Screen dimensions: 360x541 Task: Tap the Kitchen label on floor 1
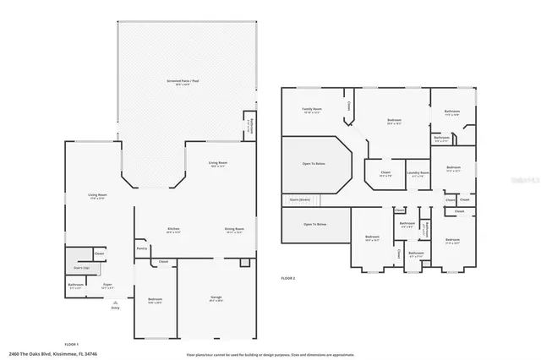173,229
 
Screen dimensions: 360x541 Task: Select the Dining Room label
234,229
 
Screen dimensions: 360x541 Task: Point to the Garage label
216,298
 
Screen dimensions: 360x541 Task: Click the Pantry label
142,248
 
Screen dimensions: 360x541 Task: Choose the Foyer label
108,286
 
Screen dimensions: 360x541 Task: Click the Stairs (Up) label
81,267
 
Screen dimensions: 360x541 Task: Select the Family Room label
313,110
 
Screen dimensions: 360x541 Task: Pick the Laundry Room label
418,173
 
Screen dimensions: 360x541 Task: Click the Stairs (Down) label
300,200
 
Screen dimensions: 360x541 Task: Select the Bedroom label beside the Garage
155,299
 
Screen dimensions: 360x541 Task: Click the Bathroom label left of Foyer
76,286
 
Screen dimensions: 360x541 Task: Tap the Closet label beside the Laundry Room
385,173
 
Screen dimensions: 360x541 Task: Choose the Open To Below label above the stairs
314,164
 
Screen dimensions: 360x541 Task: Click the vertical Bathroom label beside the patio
250,127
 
